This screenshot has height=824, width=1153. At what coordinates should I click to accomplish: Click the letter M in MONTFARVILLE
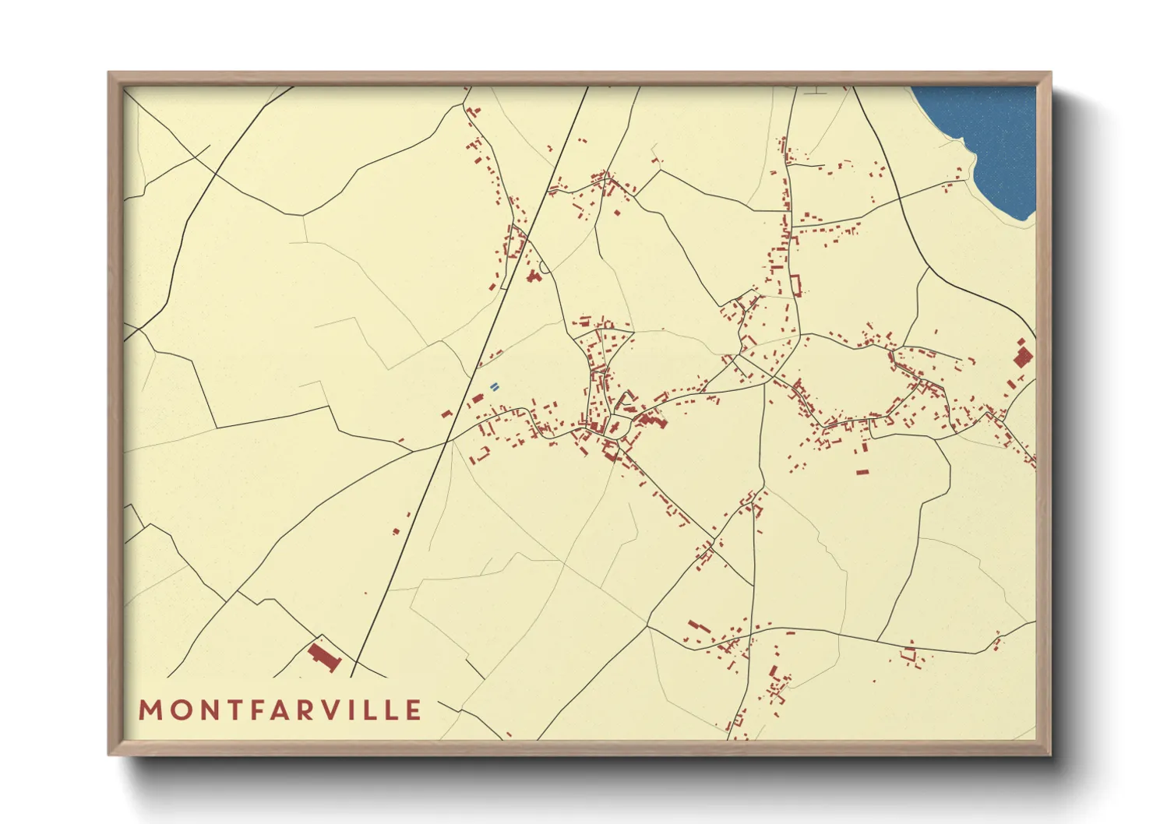point(150,710)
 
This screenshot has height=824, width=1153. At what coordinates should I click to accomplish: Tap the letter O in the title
point(178,710)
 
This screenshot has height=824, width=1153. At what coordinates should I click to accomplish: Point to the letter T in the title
point(233,710)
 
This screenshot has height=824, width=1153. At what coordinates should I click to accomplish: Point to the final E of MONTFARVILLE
point(414,710)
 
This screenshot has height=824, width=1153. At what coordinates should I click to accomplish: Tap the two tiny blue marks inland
point(494,386)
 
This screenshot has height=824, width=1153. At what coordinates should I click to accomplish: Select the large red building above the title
point(325,657)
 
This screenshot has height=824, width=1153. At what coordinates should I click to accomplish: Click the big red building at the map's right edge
point(1022,356)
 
